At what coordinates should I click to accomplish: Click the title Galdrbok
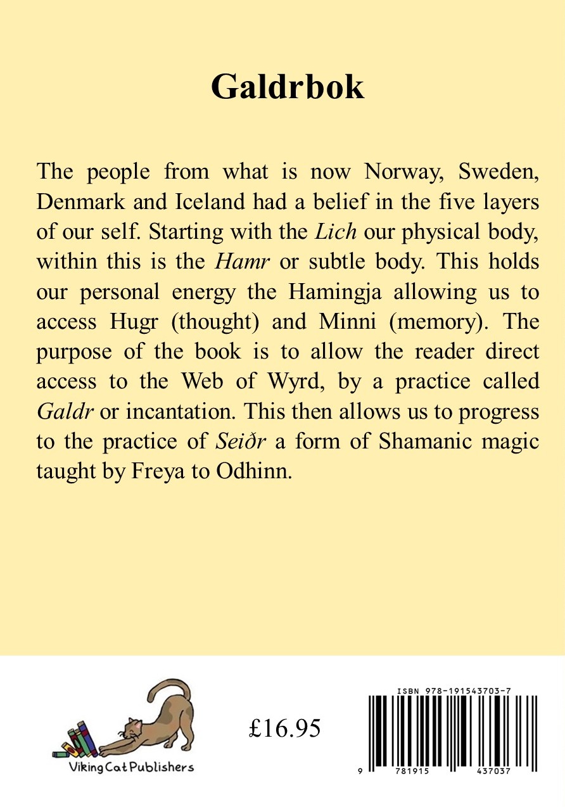[288, 87]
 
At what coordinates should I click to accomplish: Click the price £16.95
[285, 729]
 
